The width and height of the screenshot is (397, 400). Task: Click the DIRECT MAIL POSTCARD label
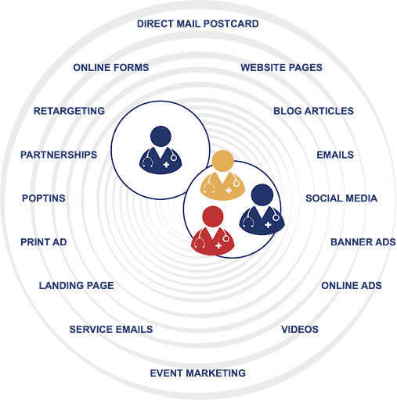coord(198,23)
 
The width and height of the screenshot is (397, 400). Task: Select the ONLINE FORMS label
coord(111,67)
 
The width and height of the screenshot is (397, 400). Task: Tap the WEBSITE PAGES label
coord(281,67)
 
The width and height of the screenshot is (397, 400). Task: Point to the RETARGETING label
coord(69,111)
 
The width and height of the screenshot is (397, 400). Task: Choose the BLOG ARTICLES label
coord(313,111)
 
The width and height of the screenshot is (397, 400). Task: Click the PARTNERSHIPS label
coord(59,155)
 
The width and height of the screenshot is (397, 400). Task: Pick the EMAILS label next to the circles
coord(335,155)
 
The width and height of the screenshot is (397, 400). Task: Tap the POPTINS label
coord(44,198)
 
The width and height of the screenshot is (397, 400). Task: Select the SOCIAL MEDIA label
coord(341,198)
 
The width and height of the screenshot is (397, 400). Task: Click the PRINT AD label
coord(44,242)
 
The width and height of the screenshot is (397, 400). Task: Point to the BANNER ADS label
coord(363,242)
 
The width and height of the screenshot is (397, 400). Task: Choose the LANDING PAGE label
coord(77,285)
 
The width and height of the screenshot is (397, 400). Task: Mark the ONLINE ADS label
coord(352,285)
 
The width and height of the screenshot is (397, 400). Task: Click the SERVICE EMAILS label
coord(111,329)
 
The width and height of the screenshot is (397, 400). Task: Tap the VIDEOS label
coord(300,329)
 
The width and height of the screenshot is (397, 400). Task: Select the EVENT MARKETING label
coord(198,373)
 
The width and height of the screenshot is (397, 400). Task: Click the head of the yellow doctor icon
coord(222,161)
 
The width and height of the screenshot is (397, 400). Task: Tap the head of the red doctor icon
coord(213,216)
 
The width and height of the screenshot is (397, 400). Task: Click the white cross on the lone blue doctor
coord(166,165)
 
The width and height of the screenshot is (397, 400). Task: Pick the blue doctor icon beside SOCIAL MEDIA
coord(262,209)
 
